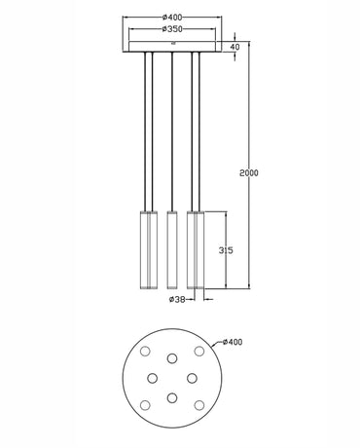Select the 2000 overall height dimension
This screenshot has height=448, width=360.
(x=250, y=171)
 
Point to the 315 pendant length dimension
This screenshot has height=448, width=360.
(x=225, y=249)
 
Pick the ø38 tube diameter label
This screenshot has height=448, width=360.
(x=177, y=299)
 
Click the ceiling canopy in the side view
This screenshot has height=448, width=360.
(x=172, y=47)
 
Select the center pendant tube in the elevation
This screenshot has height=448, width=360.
(x=172, y=248)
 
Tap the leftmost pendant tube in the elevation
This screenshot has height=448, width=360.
(x=148, y=248)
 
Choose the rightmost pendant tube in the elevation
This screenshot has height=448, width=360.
(x=196, y=248)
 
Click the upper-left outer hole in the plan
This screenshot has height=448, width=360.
(x=144, y=350)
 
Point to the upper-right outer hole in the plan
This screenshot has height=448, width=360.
(x=200, y=350)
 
